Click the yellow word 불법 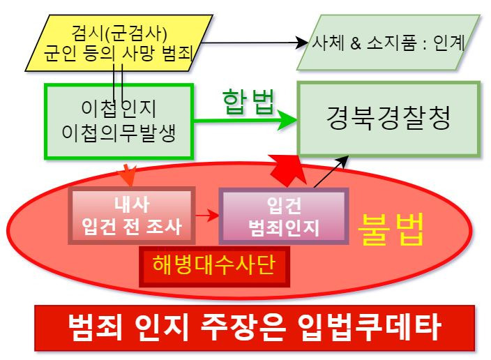(x=391, y=230)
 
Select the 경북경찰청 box (x=388, y=119)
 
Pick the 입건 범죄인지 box (x=284, y=216)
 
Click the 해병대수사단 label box (x=214, y=266)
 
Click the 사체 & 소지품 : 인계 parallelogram (x=390, y=41)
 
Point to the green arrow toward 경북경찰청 (x=244, y=121)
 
